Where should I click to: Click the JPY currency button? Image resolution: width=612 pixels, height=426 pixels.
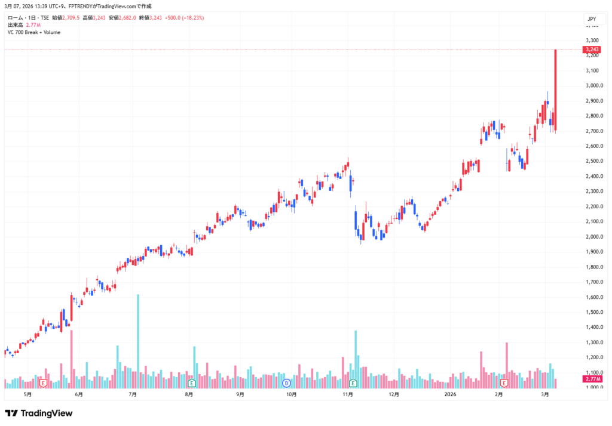(x=592, y=19)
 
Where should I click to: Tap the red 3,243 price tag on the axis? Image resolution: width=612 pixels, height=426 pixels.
(x=592, y=49)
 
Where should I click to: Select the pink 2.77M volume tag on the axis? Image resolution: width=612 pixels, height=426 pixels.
(x=592, y=379)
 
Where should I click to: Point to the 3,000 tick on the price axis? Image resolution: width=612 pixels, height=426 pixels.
(x=592, y=85)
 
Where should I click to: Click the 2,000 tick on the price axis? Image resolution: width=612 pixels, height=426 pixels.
(x=592, y=236)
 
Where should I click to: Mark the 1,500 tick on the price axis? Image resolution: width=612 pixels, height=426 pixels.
(x=592, y=312)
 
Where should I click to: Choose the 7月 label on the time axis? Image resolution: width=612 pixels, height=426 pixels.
(x=133, y=394)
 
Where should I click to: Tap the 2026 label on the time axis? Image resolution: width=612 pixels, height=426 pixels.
(x=451, y=394)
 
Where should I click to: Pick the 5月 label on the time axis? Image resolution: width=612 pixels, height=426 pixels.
(x=27, y=394)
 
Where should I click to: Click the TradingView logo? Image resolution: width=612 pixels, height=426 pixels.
(x=38, y=413)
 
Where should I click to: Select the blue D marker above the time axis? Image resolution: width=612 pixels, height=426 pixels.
(x=286, y=382)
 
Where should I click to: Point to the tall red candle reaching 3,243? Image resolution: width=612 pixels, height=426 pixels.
(x=556, y=89)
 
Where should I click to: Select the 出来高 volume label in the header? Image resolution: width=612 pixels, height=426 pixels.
(x=15, y=25)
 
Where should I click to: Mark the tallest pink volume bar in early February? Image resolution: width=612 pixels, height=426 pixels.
(x=507, y=361)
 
